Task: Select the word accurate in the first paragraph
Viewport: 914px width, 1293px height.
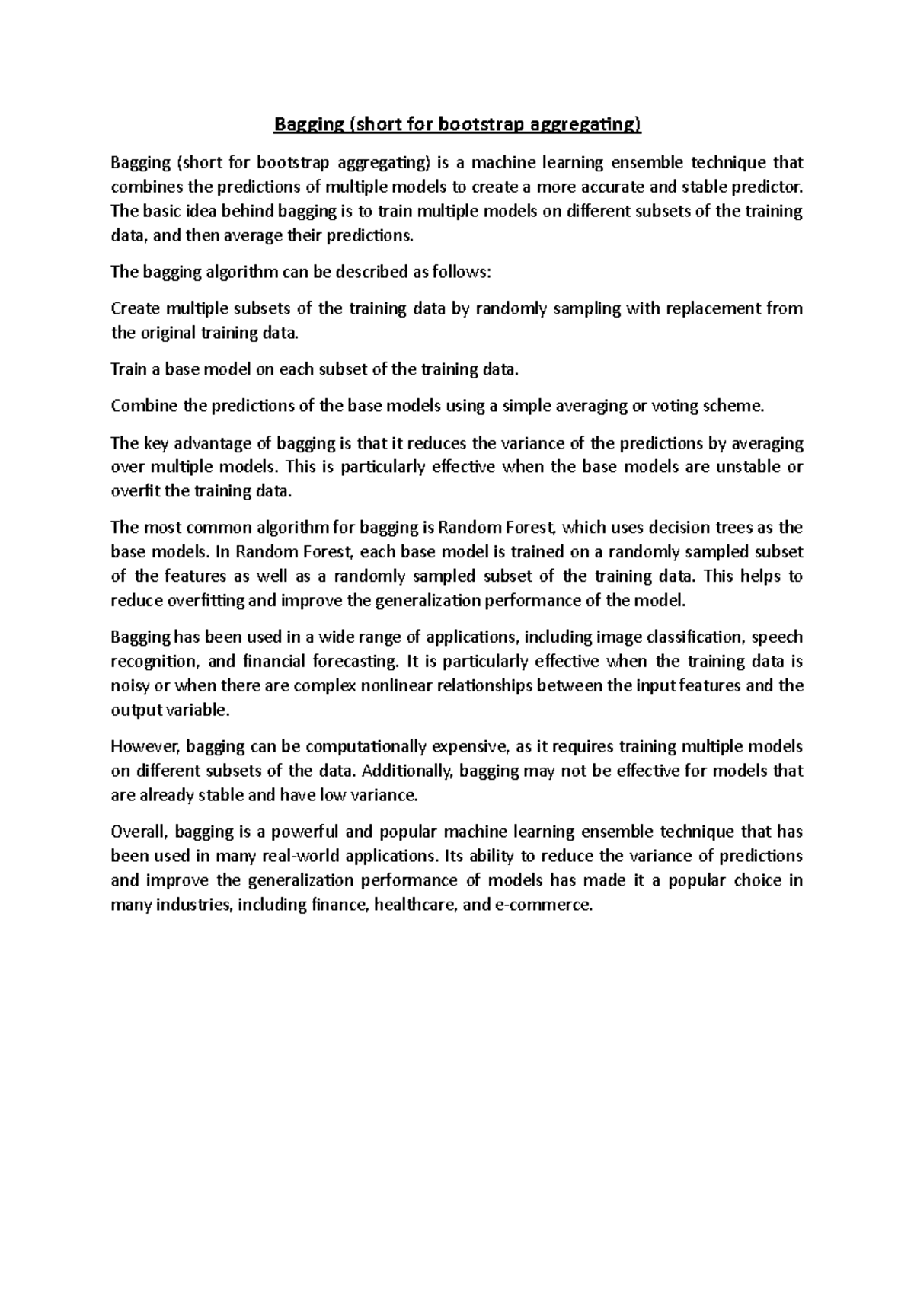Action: point(606,187)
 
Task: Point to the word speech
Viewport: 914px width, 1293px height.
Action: point(777,637)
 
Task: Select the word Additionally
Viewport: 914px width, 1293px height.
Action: point(407,771)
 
